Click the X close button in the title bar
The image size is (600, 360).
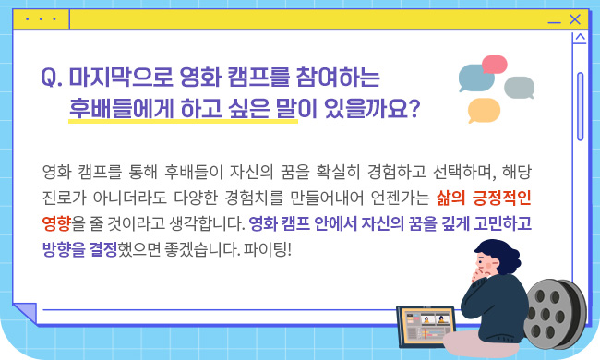(575, 18)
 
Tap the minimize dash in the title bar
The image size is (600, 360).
(554, 21)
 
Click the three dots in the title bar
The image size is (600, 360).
(41, 18)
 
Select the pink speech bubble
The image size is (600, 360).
(495, 65)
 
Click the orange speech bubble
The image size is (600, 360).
(484, 110)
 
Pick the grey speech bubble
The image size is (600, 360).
(520, 87)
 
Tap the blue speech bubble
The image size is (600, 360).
(476, 79)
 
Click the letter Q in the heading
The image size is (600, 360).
(52, 79)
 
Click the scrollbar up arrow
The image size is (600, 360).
(580, 40)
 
